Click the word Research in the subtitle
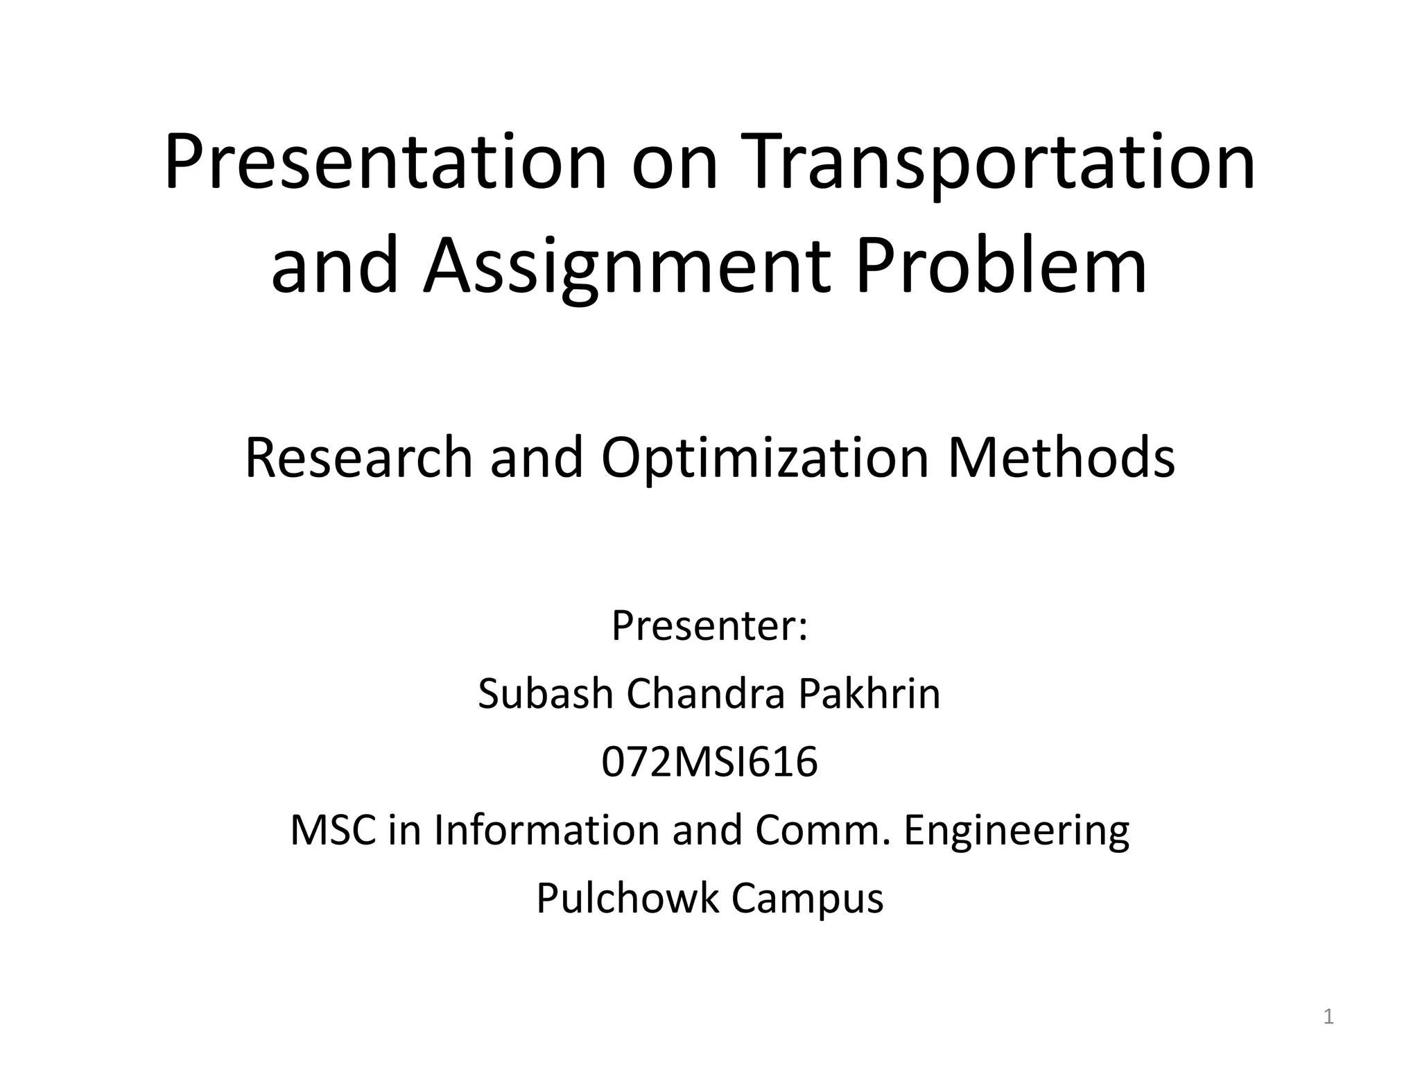[358, 458]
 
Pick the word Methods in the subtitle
[1061, 458]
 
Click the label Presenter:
[709, 626]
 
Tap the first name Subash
[546, 694]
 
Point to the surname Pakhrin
[869, 694]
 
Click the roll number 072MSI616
[709, 762]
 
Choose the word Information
[546, 830]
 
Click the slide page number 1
[1328, 1017]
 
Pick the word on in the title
[673, 164]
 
